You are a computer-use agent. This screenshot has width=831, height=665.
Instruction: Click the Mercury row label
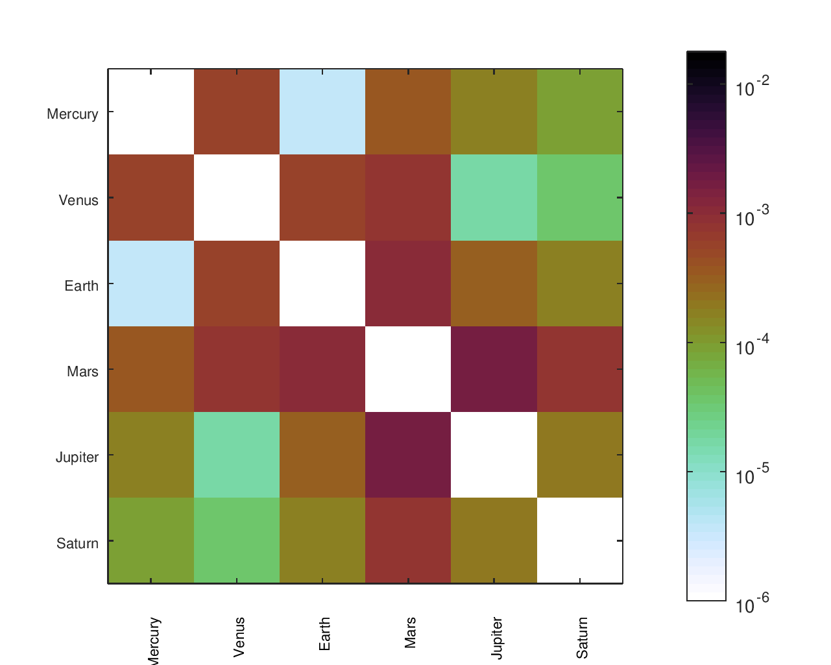[73, 114]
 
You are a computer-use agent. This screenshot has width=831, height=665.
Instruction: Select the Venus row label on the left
[78, 200]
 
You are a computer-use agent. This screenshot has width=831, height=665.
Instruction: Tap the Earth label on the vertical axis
[81, 285]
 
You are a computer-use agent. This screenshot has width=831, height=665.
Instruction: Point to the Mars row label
[82, 372]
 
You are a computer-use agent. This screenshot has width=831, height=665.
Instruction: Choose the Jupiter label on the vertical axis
[77, 457]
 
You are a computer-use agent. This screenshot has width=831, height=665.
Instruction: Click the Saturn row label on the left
[77, 544]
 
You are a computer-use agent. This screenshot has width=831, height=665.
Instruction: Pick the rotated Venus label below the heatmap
[239, 637]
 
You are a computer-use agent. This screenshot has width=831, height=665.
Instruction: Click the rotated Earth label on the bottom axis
[324, 635]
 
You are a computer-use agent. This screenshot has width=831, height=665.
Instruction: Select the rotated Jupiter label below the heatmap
[496, 638]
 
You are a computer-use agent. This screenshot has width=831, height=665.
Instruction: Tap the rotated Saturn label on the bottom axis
[582, 638]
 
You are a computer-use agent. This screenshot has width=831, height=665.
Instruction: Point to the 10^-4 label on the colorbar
[753, 345]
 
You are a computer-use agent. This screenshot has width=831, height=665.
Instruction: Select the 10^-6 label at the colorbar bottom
[753, 604]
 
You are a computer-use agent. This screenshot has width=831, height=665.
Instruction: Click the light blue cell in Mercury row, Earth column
[322, 112]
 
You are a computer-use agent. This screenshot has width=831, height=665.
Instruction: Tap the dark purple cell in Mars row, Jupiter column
[494, 369]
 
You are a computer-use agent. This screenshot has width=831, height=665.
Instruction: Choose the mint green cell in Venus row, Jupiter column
[494, 197]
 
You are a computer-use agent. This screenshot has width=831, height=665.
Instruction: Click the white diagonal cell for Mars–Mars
[408, 369]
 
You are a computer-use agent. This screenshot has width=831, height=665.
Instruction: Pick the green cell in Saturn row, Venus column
[237, 540]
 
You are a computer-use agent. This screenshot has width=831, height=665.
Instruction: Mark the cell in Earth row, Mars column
[408, 284]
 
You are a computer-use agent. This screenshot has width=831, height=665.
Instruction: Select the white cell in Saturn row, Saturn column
[579, 540]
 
